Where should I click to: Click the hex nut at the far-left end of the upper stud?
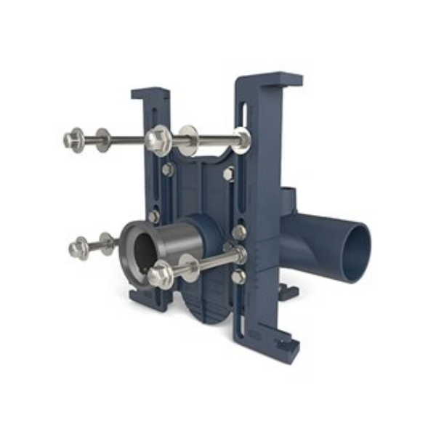coord(74,138)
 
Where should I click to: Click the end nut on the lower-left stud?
coord(78,249)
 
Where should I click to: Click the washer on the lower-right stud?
coord(187,267)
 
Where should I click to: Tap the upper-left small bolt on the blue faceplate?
coord(169,169)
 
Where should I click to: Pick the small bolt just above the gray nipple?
coord(154,217)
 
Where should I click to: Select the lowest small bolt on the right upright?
coord(238,277)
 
